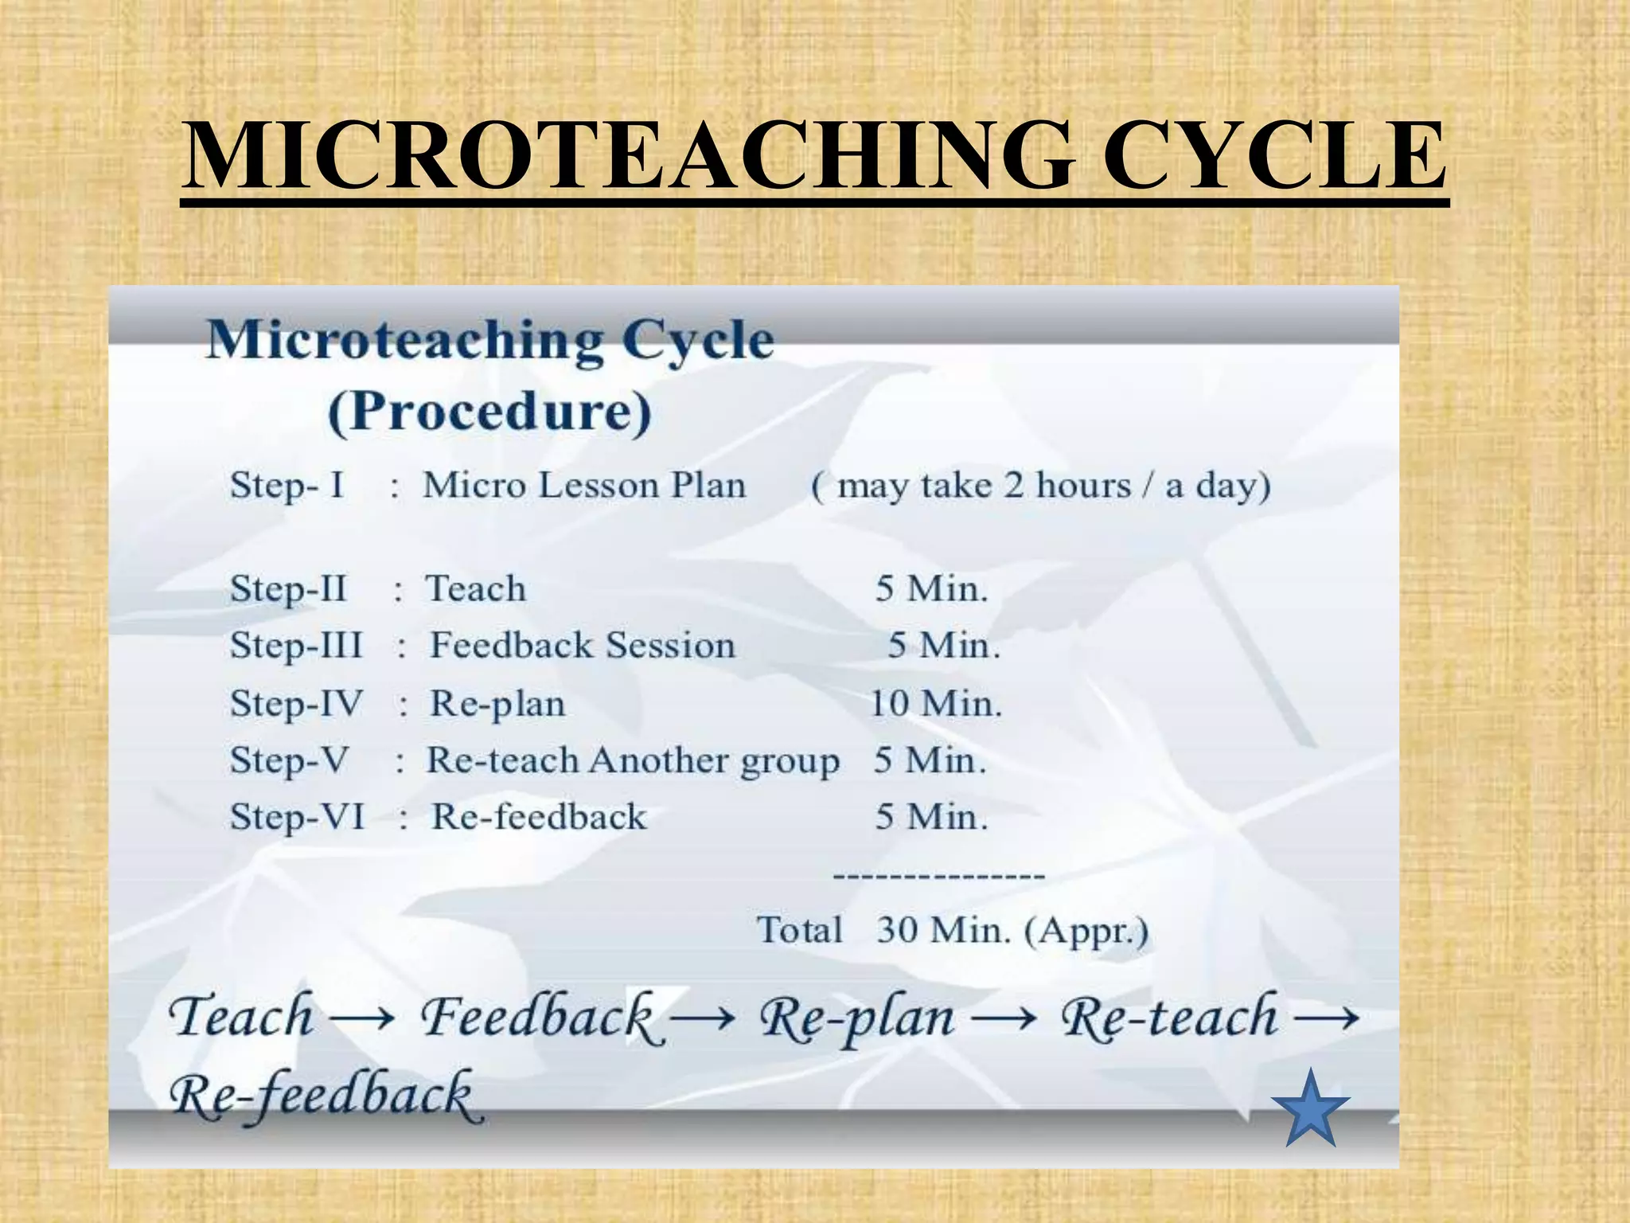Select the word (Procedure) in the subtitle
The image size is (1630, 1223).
tap(489, 412)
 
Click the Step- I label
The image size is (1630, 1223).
tap(287, 485)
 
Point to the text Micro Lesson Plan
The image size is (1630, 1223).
tap(584, 485)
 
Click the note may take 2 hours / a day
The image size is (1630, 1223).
tap(1040, 485)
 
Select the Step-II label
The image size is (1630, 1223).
tap(288, 589)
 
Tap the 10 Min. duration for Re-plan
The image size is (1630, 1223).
tap(935, 703)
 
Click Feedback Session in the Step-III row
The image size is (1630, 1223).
tap(582, 645)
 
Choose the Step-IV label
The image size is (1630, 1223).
tap(296, 703)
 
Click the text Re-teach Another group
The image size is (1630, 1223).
tap(633, 760)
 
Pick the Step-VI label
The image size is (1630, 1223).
tap(297, 817)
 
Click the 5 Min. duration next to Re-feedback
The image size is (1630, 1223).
tap(931, 817)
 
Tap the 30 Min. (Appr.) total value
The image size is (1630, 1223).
tap(1012, 930)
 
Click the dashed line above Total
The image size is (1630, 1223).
tap(938, 877)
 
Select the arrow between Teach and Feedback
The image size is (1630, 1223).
tap(362, 1018)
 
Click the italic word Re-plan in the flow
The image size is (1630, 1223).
tap(856, 1018)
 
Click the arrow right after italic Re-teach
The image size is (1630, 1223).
tap(1325, 1018)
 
